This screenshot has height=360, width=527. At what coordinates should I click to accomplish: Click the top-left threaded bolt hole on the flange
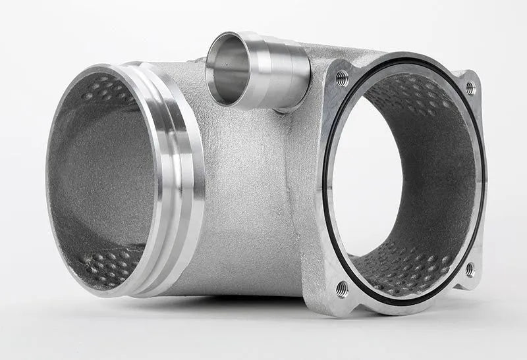tap(342, 79)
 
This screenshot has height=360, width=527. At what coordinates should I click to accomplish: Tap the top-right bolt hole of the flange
tap(470, 87)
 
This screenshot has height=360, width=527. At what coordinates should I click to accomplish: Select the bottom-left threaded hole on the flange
tap(342, 288)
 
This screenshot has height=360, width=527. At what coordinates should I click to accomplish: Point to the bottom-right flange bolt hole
tap(469, 269)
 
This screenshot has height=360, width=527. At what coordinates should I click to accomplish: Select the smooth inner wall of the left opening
tap(99, 178)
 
